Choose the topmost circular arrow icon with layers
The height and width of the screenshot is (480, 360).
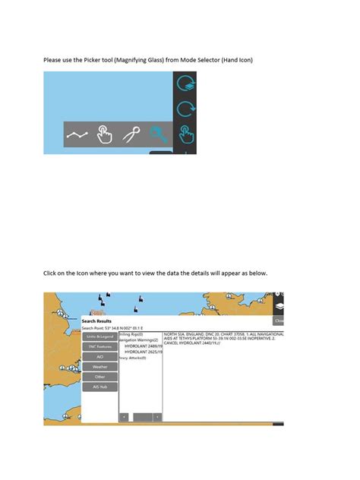[185, 84]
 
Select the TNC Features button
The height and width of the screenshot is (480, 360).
[99, 346]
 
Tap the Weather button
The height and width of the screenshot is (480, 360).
[99, 366]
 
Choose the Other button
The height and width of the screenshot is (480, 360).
[99, 376]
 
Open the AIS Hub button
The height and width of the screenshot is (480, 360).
[99, 387]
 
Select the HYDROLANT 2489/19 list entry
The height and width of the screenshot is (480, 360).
[141, 346]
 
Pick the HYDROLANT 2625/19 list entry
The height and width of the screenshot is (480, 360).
[141, 352]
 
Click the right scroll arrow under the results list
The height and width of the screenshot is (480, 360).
[157, 417]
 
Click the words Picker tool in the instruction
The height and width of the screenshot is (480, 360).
[103, 59]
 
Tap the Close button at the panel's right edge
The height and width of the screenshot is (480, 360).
[279, 321]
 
